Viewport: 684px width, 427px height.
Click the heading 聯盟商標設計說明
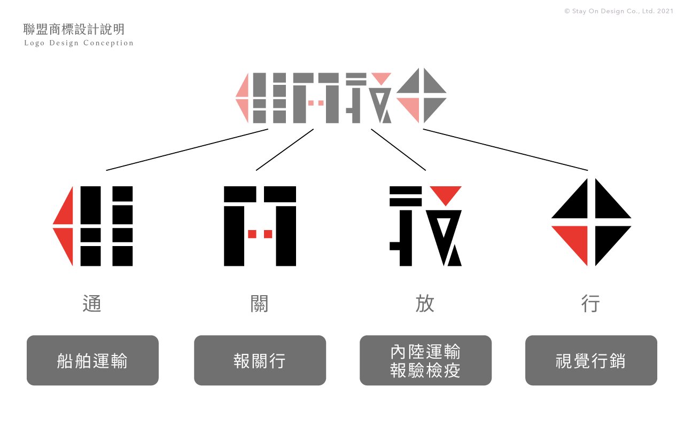(74, 29)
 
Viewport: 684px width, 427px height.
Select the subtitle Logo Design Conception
(79, 43)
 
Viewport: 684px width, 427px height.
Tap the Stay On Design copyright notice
(619, 11)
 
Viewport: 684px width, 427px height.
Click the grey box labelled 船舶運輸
(92, 360)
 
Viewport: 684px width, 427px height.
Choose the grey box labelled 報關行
(260, 360)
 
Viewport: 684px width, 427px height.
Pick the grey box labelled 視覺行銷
(591, 360)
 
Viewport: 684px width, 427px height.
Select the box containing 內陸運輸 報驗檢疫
(425, 360)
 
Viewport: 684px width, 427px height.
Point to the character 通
(92, 304)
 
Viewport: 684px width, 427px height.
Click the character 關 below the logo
(260, 304)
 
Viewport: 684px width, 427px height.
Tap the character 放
(425, 304)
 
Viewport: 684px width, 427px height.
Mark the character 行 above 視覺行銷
(591, 304)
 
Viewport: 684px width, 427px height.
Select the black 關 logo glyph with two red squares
(260, 226)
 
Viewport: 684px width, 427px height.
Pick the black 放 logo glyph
(425, 226)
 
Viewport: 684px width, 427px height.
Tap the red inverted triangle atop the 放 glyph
(446, 193)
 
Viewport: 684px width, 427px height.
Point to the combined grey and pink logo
(341, 97)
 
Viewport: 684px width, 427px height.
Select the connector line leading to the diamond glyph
(505, 149)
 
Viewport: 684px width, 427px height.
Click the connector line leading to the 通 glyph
(187, 149)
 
